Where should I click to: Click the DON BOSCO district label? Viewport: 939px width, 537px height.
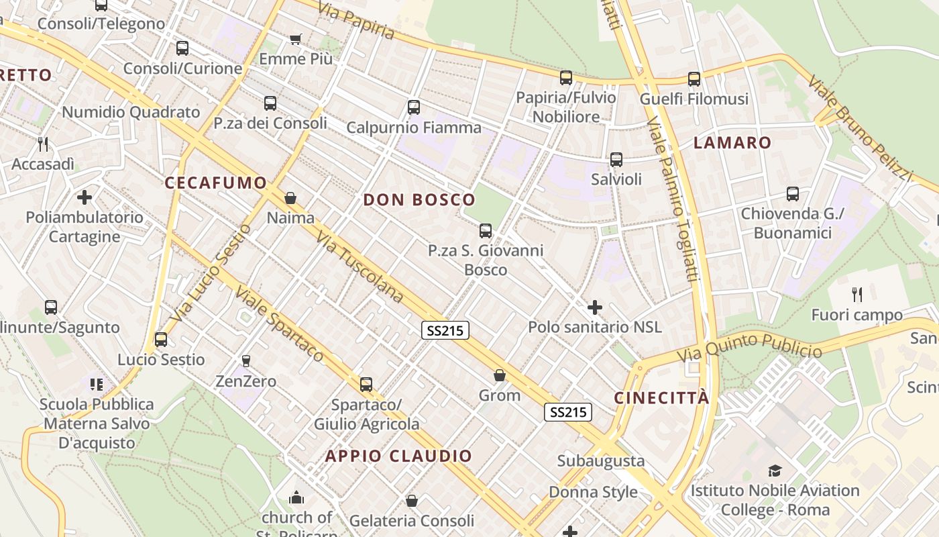tap(419, 199)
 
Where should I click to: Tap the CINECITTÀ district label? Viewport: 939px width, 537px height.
tap(661, 397)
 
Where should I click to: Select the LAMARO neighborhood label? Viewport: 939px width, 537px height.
tap(732, 142)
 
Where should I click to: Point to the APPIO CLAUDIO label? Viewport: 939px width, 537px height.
tap(399, 456)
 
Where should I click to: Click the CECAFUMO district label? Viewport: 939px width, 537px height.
tap(215, 183)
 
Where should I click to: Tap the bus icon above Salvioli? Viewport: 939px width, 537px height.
tap(616, 160)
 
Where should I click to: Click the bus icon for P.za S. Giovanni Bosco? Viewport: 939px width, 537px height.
tap(486, 231)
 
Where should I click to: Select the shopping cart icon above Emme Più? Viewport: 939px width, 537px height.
tap(295, 39)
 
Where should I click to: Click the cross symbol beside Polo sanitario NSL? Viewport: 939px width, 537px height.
tap(594, 307)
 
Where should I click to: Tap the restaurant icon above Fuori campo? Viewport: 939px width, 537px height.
tap(857, 294)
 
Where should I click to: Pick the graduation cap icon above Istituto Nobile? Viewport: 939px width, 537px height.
tap(775, 471)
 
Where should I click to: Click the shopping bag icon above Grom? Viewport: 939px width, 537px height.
tap(500, 375)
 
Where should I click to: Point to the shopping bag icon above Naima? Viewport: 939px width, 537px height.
tap(290, 198)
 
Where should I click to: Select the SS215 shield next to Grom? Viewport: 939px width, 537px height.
tap(567, 412)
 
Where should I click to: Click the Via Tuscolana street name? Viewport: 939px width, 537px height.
tap(360, 267)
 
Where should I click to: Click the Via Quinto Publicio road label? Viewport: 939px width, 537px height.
tap(749, 347)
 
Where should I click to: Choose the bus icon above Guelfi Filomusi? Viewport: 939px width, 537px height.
tap(694, 79)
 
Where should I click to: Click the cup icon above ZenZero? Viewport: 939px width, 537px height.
tap(245, 361)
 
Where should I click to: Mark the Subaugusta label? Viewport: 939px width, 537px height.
tap(601, 461)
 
